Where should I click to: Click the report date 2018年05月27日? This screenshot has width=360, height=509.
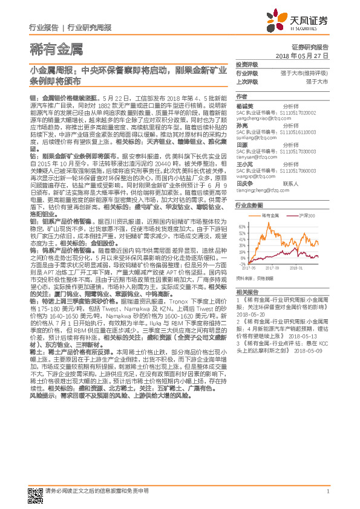click(x=309, y=55)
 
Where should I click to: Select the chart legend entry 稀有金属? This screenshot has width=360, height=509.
click(x=269, y=215)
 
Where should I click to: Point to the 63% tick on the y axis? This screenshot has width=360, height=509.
click(x=242, y=226)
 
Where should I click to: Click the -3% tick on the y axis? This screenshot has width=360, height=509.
click(x=243, y=264)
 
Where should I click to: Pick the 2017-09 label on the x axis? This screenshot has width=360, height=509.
click(x=272, y=268)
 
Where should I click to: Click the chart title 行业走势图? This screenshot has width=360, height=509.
click(x=248, y=205)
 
